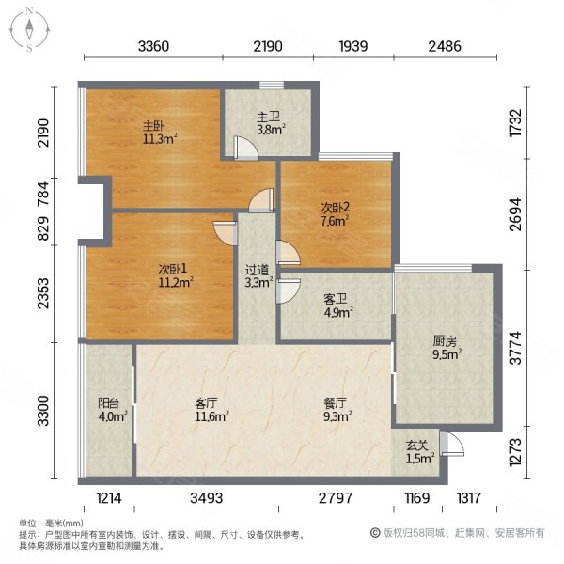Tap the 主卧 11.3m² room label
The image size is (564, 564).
pos(160,133)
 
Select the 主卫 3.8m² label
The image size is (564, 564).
pos(271,123)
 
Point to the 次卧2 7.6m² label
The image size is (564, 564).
pos(335,214)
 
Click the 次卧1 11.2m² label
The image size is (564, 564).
pos(176,275)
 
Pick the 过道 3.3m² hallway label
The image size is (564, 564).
pos(258,276)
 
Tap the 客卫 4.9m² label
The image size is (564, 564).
pos(338,305)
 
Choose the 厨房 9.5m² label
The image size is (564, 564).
pos(446,348)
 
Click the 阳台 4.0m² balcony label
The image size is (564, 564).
pos(112,410)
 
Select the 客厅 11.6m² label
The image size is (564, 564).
pos(211,410)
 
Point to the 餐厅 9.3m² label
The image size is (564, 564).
pos(337,410)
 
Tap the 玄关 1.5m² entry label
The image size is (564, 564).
pos(420,452)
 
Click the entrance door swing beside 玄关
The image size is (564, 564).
pos(452,444)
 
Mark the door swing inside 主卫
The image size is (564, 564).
pos(245,148)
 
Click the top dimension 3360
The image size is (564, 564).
pos(153,46)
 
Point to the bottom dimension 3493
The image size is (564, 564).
pos(207,498)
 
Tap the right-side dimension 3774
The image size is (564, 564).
pos(515,348)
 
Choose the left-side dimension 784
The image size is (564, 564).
pos(43,194)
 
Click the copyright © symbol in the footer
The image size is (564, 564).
pos(375,533)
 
